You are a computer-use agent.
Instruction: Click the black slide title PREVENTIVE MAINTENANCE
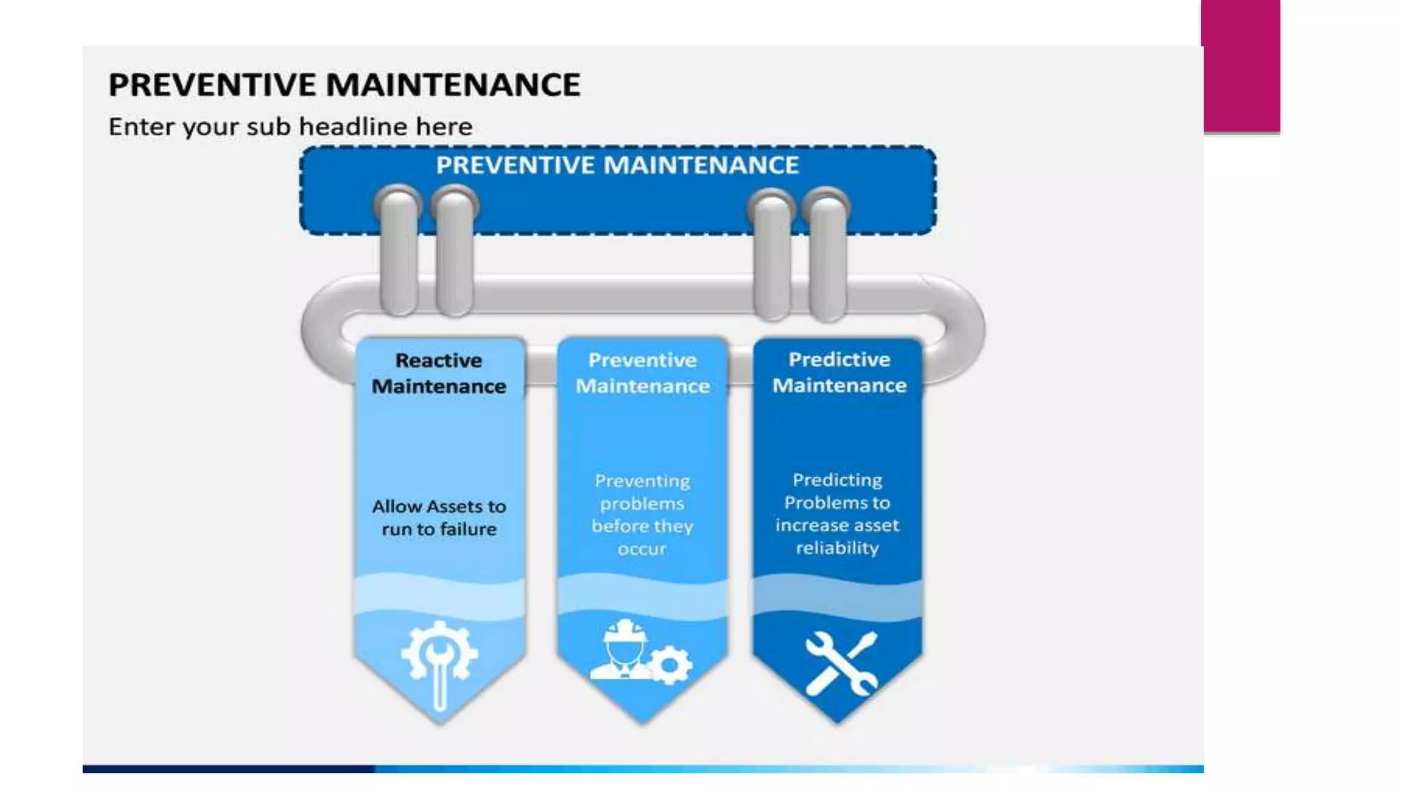pyautogui.click(x=344, y=85)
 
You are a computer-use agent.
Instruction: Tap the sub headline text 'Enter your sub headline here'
pyautogui.click(x=290, y=127)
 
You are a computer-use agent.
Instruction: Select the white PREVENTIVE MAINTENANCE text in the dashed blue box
pyautogui.click(x=617, y=165)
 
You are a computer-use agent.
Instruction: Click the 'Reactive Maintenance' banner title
pyautogui.click(x=439, y=373)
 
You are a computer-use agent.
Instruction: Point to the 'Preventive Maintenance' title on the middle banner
pyautogui.click(x=643, y=373)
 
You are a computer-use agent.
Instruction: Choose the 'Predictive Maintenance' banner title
pyautogui.click(x=839, y=373)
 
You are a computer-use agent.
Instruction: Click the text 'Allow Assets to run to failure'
pyautogui.click(x=439, y=518)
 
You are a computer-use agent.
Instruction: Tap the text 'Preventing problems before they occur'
pyautogui.click(x=642, y=514)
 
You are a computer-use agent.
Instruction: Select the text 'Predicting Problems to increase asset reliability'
pyautogui.click(x=837, y=514)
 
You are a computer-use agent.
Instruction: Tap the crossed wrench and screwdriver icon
pyautogui.click(x=841, y=663)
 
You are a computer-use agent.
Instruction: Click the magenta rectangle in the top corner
pyautogui.click(x=1241, y=65)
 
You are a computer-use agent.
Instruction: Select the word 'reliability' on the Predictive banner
pyautogui.click(x=837, y=548)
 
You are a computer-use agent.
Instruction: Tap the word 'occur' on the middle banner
pyautogui.click(x=642, y=549)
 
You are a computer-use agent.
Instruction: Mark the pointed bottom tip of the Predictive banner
pyautogui.click(x=837, y=721)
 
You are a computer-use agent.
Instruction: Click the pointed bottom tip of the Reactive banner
pyautogui.click(x=440, y=722)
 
